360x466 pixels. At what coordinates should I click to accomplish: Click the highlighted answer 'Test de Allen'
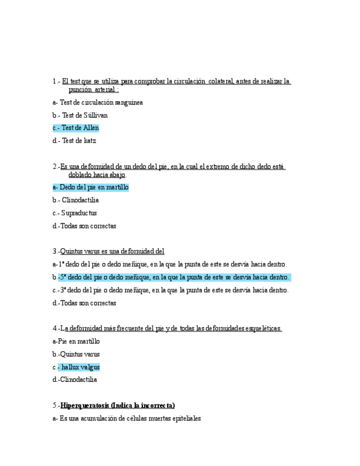click(x=80, y=128)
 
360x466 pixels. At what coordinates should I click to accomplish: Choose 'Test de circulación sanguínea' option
click(x=101, y=102)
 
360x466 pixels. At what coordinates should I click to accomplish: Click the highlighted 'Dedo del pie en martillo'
click(x=93, y=187)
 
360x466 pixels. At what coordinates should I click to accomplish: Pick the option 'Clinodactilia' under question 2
click(x=80, y=201)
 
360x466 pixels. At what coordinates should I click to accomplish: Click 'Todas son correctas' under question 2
click(x=87, y=226)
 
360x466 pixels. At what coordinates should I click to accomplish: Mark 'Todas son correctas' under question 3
click(x=87, y=303)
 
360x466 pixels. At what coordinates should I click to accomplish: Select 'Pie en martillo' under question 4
click(x=79, y=341)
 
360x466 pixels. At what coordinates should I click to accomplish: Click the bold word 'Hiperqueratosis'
click(x=85, y=406)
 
